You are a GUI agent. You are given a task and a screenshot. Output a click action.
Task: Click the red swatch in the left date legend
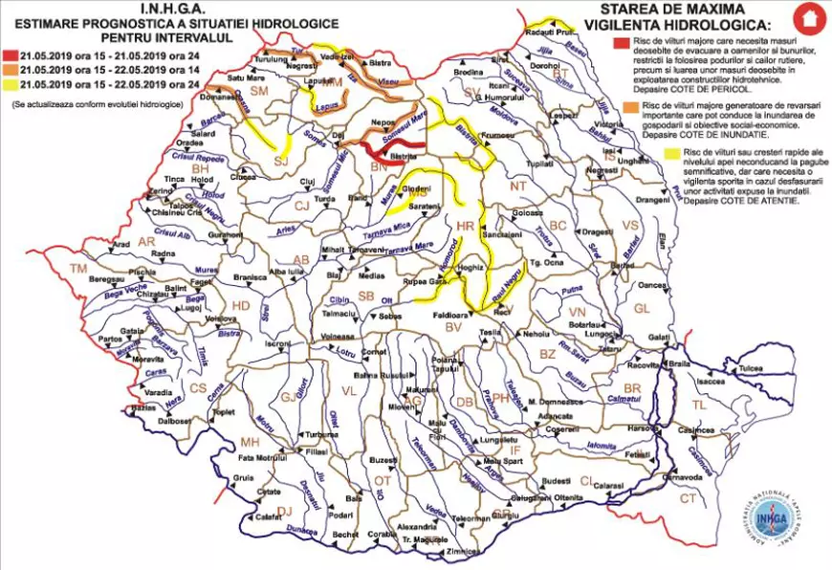[x=10, y=55]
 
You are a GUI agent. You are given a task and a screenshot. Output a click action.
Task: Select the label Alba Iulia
[x=286, y=272]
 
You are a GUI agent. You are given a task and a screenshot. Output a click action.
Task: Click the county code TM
[x=78, y=269]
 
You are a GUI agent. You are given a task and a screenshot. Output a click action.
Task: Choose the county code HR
[x=466, y=227]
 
